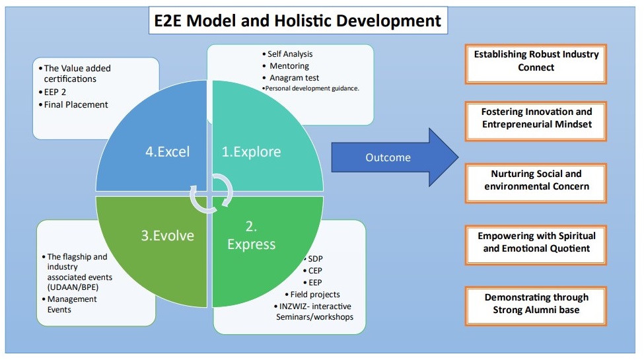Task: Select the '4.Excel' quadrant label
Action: [167, 152]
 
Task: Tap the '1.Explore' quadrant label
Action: [251, 152]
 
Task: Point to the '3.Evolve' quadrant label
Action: [167, 235]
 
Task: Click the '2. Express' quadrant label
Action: [251, 235]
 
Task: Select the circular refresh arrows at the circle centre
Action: [211, 192]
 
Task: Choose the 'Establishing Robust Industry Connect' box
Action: [536, 61]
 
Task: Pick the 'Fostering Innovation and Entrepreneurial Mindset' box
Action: [536, 118]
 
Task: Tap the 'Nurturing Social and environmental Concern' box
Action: [536, 180]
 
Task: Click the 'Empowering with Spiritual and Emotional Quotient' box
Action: [536, 242]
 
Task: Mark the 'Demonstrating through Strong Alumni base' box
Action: [536, 304]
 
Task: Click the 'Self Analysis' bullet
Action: [290, 54]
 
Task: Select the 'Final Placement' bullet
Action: [76, 104]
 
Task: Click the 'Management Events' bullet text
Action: [72, 305]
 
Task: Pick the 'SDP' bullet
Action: [315, 258]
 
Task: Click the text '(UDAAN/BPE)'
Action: [77, 287]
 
